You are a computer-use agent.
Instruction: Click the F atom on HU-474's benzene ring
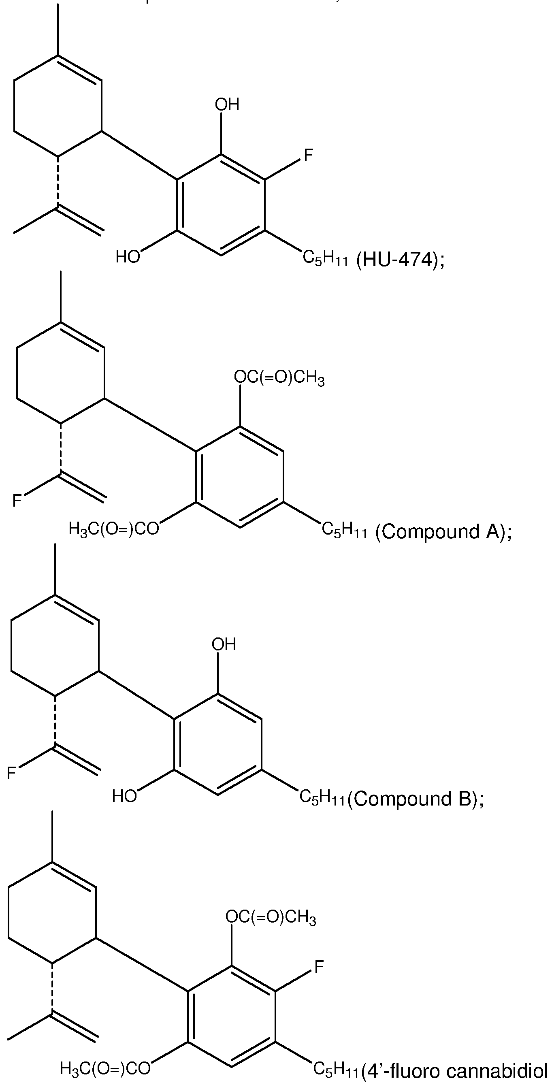pos(309,155)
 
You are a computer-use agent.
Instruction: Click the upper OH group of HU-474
pos(227,104)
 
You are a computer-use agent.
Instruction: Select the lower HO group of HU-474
pos(128,256)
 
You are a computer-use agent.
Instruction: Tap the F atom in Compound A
pos(17,501)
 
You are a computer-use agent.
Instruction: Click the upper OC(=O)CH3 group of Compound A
pos(279,378)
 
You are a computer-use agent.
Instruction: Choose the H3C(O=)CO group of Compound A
pos(114,528)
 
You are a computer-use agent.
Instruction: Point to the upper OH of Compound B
pos(224,644)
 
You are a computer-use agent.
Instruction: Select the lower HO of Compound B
pos(124,796)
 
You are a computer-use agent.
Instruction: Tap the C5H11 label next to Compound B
pos(322,797)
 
